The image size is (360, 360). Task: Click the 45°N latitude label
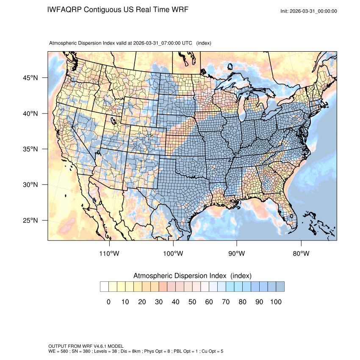(x=30, y=78)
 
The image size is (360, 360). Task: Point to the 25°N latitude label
(x=30, y=220)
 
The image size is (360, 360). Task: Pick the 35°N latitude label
(x=30, y=149)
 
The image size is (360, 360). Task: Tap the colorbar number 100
(x=275, y=302)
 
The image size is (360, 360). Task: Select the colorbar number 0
(x=108, y=302)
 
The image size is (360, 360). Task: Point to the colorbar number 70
(x=225, y=302)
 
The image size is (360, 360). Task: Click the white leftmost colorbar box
(x=104, y=287)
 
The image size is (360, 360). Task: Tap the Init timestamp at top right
(x=309, y=11)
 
